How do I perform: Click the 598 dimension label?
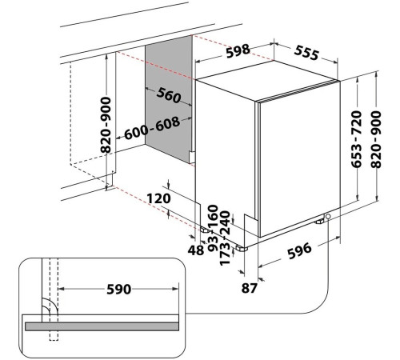(238, 50)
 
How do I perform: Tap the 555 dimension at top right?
(306, 52)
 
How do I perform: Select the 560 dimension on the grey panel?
(169, 95)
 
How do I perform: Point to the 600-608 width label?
(152, 128)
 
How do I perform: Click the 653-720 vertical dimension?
(356, 139)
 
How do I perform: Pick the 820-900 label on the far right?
(376, 139)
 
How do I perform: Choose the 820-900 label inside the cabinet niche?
(106, 125)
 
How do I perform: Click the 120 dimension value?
(158, 198)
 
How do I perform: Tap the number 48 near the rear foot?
(196, 250)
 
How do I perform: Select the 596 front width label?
(299, 251)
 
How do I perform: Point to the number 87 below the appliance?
(250, 288)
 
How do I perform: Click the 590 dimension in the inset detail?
(118, 290)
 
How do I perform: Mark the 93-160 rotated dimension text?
(214, 228)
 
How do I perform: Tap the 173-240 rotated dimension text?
(225, 238)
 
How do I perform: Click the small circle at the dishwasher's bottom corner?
(328, 216)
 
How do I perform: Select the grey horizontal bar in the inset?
(102, 326)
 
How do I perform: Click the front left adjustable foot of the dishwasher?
(242, 248)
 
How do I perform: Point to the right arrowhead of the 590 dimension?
(175, 289)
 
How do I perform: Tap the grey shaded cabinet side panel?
(169, 98)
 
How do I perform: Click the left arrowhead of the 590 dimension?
(62, 289)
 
